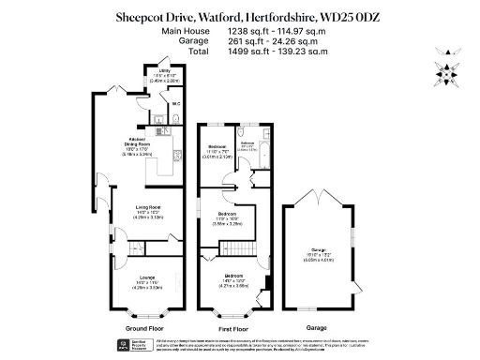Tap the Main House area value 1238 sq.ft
point(248,30)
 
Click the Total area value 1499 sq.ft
point(248,51)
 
